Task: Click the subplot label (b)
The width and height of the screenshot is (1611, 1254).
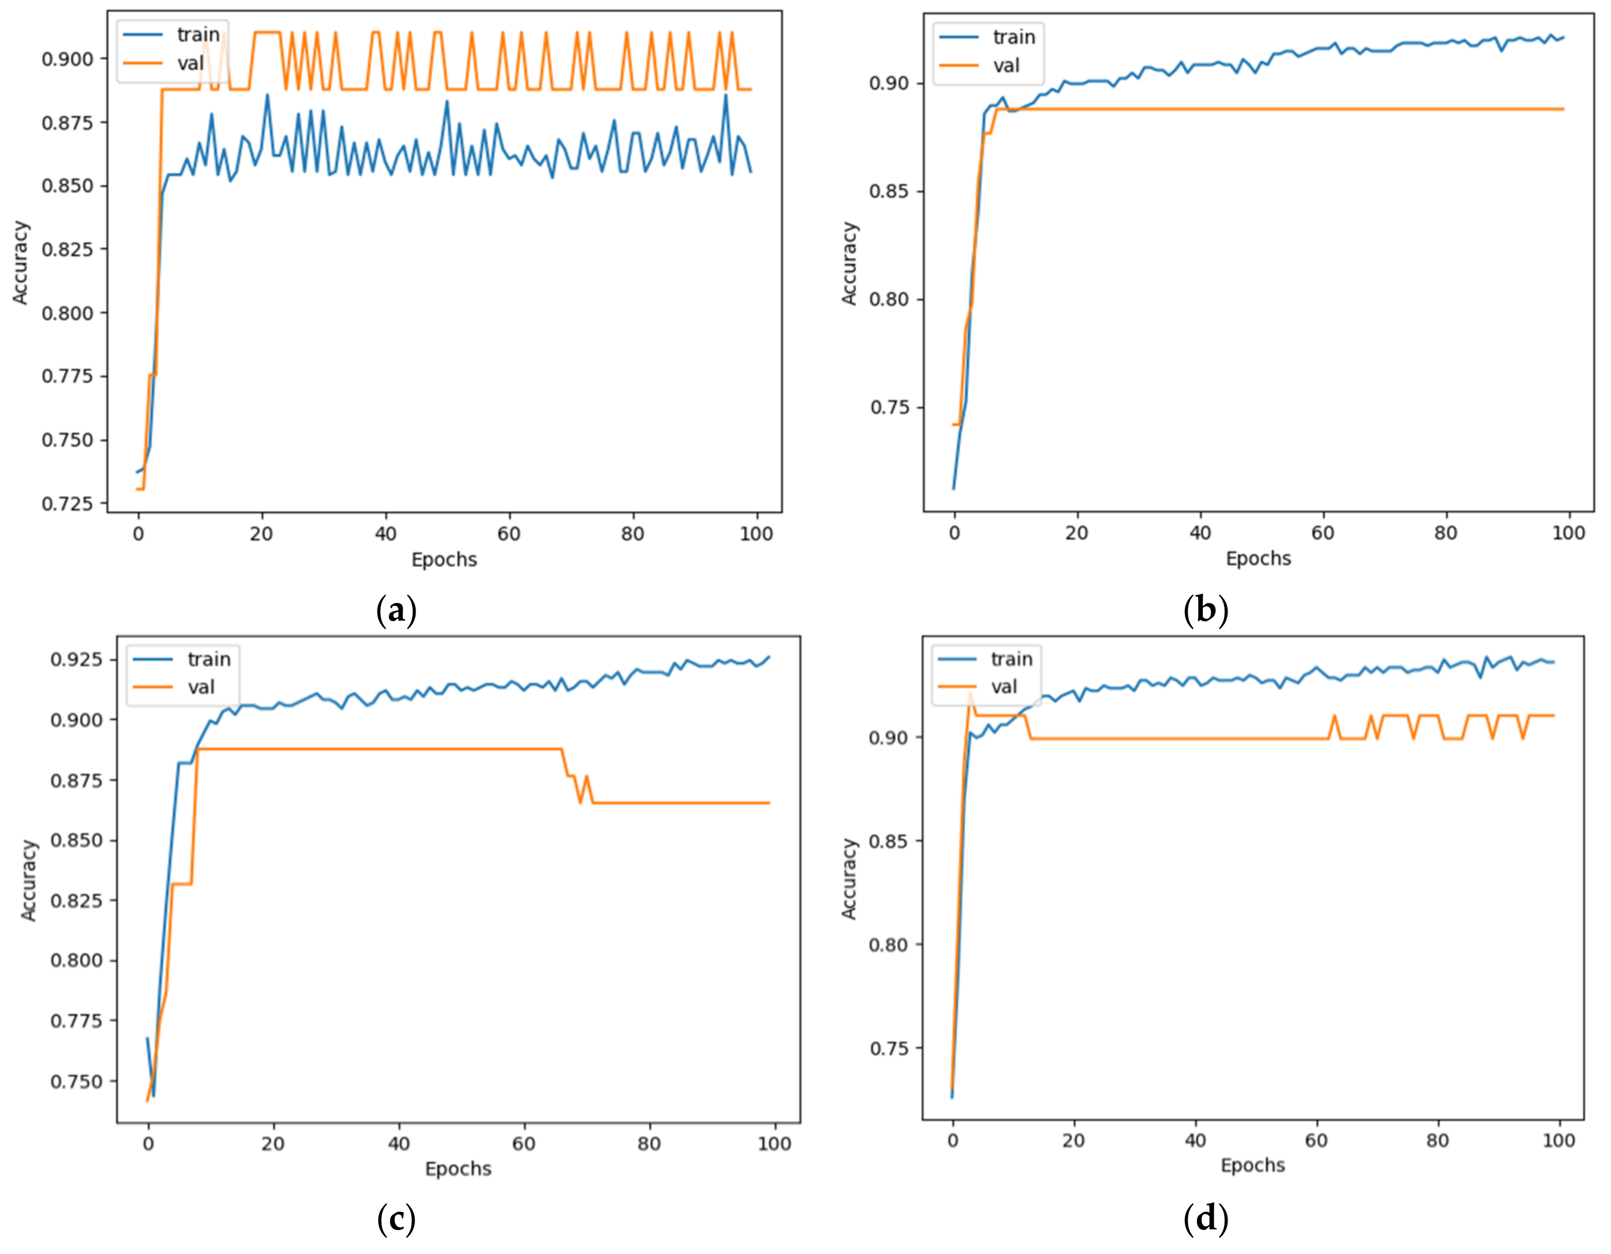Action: (1205, 610)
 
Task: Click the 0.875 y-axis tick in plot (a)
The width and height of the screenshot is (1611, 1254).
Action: (68, 122)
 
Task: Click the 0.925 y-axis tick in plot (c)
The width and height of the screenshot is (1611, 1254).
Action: (76, 659)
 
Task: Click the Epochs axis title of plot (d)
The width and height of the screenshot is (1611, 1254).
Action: (1252, 1165)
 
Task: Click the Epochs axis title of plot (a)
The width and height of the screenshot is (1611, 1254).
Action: (444, 560)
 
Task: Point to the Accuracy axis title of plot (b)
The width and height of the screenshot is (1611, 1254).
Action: (849, 263)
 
